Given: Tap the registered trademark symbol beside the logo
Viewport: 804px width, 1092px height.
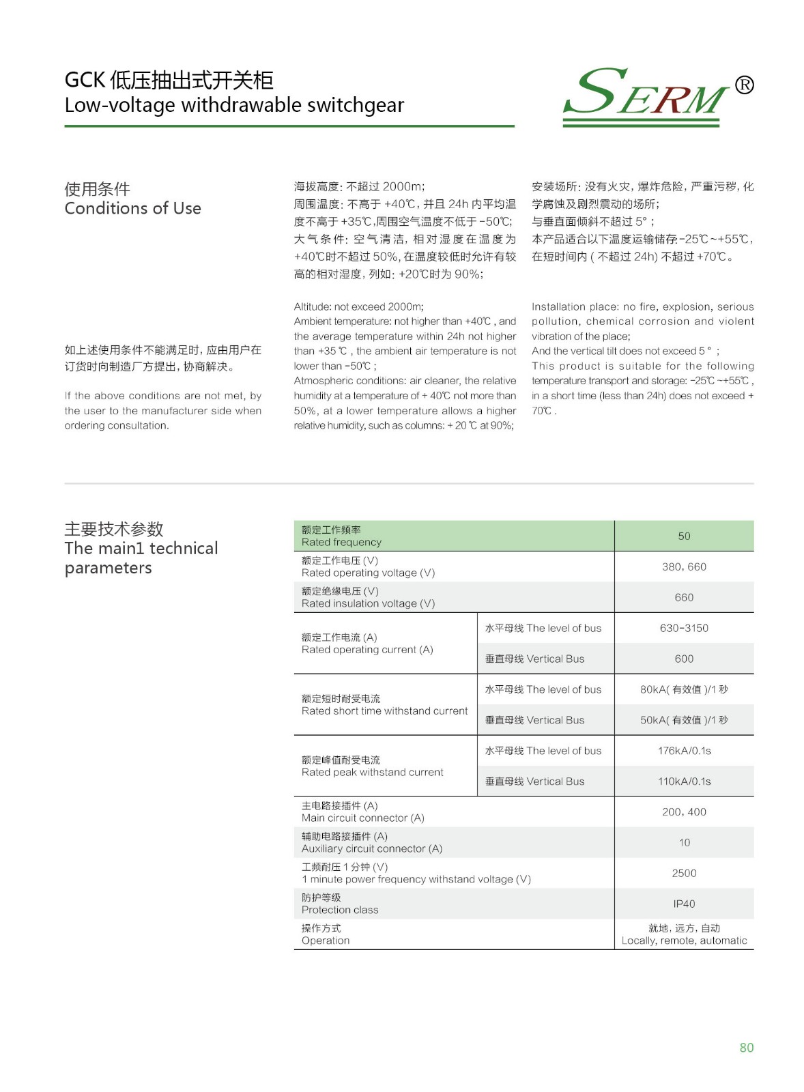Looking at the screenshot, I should click(744, 85).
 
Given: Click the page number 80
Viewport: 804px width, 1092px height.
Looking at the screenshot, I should click(746, 1048).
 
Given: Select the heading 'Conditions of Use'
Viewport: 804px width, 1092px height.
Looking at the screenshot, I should click(132, 208).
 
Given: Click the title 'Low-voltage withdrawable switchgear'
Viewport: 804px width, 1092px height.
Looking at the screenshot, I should click(234, 105).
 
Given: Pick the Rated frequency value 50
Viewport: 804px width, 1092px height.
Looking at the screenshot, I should click(684, 536).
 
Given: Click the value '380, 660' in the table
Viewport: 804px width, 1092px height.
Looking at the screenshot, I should click(684, 567).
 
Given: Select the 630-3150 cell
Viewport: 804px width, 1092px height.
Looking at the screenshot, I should click(684, 628).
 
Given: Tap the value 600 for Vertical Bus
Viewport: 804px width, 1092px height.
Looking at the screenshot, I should click(684, 659).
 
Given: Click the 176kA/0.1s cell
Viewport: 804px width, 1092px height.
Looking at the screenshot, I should click(684, 751).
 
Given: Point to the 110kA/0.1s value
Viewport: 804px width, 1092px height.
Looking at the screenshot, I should click(684, 781).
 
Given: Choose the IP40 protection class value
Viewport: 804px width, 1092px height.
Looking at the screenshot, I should click(684, 904).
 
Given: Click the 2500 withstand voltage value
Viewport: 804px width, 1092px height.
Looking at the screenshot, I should click(684, 874).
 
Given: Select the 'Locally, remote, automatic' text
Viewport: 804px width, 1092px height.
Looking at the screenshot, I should click(684, 940).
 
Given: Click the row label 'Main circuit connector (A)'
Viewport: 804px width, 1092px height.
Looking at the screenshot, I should click(362, 818).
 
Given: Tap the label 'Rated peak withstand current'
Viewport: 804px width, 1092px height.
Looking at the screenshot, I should click(372, 772).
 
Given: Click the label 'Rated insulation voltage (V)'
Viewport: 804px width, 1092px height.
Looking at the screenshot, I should click(368, 603).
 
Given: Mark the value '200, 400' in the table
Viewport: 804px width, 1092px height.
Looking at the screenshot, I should click(684, 812).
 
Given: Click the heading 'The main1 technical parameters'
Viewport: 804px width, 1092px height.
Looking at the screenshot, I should click(141, 558).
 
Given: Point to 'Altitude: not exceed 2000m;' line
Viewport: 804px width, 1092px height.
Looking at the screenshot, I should click(358, 307).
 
